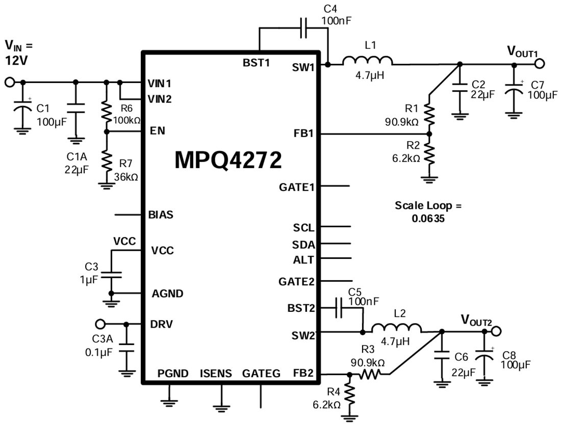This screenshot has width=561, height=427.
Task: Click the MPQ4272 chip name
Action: point(228,160)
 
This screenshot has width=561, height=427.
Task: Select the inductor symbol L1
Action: point(367,61)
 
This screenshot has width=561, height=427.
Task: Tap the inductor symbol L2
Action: point(396,328)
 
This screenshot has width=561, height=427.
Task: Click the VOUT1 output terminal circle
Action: point(540,64)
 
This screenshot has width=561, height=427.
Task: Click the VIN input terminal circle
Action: point(9,82)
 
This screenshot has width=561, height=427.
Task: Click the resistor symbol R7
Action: point(107,162)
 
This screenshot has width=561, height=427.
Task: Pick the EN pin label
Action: point(157,131)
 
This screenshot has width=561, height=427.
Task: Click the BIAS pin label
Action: point(160,215)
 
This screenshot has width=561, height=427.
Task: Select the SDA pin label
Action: point(303,244)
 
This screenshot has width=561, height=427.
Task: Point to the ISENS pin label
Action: point(216,373)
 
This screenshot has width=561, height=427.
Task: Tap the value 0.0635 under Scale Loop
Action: point(428,218)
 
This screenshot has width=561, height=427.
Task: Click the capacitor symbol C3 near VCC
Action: point(111,275)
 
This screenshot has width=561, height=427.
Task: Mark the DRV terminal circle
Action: point(100,324)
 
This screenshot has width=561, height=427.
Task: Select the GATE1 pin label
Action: point(296,186)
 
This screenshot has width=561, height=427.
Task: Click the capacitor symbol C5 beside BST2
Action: point(339,308)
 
